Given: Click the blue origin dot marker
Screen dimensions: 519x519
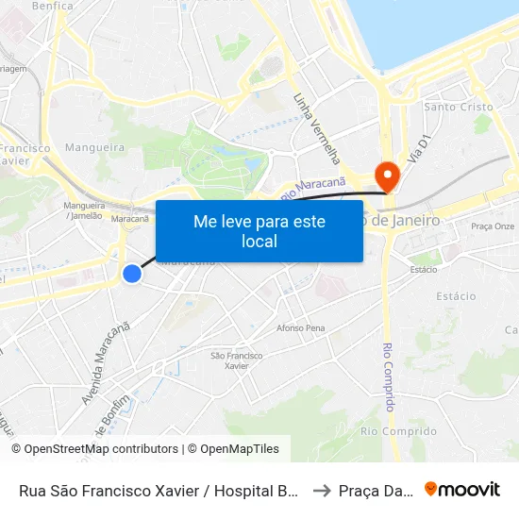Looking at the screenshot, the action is click(132, 274).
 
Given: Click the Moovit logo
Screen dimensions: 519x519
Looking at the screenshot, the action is click(462, 489).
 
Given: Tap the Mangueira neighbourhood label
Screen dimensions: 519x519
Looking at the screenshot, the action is click(94, 148).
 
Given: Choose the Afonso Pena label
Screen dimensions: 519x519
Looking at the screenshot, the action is click(300, 328).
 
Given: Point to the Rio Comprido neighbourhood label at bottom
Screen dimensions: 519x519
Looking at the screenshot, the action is click(385, 431).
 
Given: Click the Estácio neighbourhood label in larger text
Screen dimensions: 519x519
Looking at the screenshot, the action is click(456, 296).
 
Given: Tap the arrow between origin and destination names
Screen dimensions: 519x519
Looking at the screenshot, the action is click(322, 490).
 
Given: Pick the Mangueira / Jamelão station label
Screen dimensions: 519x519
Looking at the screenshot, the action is click(83, 210).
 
